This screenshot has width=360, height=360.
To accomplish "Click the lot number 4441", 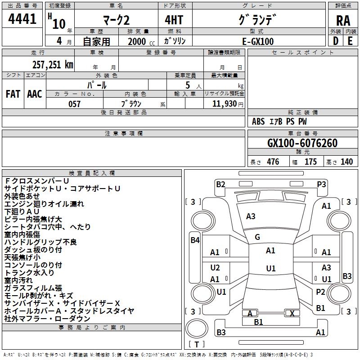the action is [x=22, y=19].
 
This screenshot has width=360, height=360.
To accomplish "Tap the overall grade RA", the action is [x=343, y=21].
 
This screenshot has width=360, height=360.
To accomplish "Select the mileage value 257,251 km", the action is [x=53, y=65].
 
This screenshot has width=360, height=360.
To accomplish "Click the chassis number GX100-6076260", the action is [x=302, y=143].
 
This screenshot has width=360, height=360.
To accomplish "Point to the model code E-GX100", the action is [x=258, y=41].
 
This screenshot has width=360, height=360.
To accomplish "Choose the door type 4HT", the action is [x=174, y=20].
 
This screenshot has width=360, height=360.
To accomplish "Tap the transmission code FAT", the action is [x=13, y=94].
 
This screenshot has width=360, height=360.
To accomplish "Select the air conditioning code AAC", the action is [x=35, y=94].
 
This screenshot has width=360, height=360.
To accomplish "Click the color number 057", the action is [x=74, y=104].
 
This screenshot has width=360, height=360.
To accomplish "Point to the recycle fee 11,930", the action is [x=224, y=103].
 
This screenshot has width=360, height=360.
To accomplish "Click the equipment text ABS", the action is [x=258, y=121].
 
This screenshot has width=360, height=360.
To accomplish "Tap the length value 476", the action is [x=273, y=162].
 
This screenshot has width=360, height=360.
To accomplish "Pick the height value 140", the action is [x=346, y=162].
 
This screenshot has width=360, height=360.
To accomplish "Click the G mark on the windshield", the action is [x=257, y=237].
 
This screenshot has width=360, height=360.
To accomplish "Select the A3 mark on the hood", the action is [x=251, y=216].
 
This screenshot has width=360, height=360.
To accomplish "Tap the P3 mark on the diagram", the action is [x=321, y=184].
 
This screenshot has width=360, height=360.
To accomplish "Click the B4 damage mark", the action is [x=195, y=240].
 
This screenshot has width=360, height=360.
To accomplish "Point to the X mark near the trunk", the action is [x=292, y=313].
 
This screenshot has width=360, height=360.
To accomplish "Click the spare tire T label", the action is [x=197, y=344].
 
